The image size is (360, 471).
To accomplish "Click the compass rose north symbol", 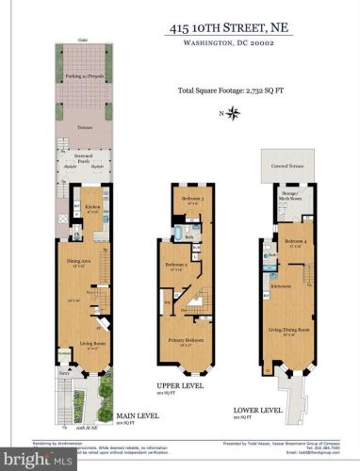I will click(235, 113).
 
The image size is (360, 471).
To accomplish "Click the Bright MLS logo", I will click(38, 461).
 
